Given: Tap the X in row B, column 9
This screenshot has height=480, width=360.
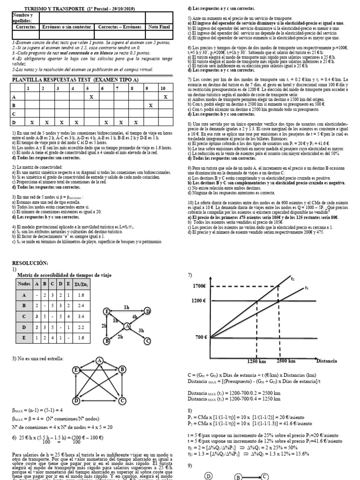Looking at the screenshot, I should (150, 105).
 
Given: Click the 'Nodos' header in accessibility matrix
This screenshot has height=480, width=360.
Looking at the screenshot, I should (23, 284).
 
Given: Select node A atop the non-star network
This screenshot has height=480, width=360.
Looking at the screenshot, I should (99, 360).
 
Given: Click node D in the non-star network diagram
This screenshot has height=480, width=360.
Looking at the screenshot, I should (75, 401).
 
